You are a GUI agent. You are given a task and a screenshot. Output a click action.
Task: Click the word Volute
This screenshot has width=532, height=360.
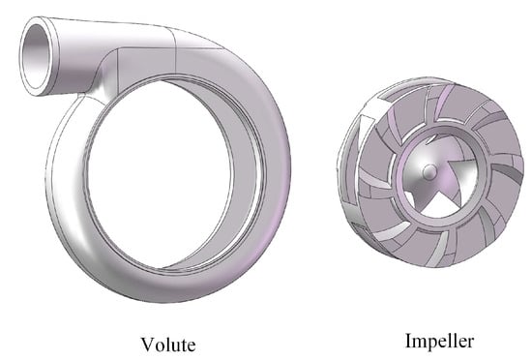click(x=168, y=345)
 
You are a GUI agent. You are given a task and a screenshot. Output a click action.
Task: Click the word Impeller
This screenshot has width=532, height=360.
click(x=440, y=341)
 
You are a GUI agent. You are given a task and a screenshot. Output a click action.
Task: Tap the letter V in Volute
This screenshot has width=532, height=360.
click(x=147, y=345)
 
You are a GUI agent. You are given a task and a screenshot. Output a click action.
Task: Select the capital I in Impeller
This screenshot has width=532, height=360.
click(x=409, y=341)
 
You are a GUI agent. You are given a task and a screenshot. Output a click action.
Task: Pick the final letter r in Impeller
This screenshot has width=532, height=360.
click(x=470, y=343)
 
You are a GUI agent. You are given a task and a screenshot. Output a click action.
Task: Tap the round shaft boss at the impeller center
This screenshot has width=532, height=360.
click(x=429, y=170)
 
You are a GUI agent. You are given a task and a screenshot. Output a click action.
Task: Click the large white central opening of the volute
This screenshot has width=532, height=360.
click(x=160, y=173)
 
